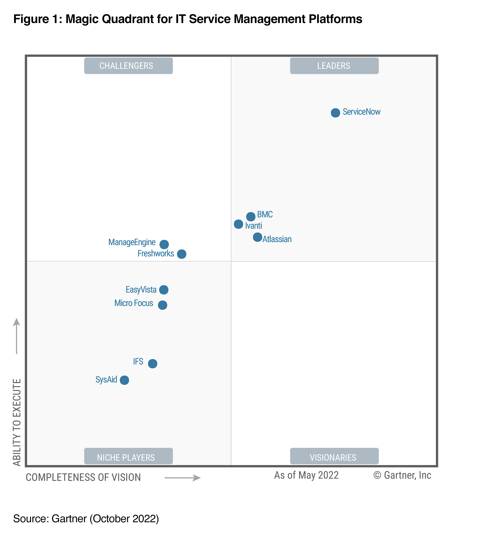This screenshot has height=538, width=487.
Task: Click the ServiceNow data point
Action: (335, 113)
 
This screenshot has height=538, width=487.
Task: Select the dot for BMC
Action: (251, 216)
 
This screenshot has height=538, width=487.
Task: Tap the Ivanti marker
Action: (238, 224)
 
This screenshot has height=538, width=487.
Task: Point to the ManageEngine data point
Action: (164, 244)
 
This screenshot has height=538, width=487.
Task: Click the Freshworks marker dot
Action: (181, 254)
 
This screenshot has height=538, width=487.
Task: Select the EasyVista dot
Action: (164, 290)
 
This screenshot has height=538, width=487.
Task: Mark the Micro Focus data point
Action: (162, 305)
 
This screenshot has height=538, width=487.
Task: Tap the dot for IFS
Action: (153, 363)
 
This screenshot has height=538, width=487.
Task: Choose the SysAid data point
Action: (124, 380)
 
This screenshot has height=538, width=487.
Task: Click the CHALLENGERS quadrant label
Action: (128, 66)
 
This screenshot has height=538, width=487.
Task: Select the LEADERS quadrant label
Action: (334, 66)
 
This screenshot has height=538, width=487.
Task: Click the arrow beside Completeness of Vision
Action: (182, 478)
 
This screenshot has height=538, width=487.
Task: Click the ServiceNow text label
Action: (361, 112)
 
